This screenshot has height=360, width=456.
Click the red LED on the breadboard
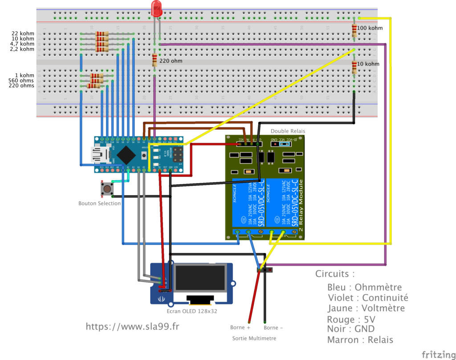coord(156,9)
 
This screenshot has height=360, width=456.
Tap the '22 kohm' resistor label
coord(23,33)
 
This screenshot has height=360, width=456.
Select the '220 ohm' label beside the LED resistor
coord(171,61)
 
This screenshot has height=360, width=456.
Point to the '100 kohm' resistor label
coord(370,28)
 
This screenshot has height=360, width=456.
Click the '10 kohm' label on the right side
coord(369,64)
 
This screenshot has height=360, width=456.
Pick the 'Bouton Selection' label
coord(99,203)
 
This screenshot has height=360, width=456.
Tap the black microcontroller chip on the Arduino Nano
coord(127,154)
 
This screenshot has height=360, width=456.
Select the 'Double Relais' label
coord(288,131)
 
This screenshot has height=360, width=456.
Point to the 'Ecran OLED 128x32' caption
coord(192,311)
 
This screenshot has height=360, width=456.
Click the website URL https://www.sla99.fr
coord(133,327)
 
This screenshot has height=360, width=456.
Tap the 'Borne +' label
coord(240,328)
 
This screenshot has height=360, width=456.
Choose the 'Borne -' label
coord(273,328)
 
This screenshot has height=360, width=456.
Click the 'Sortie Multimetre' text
coord(254,338)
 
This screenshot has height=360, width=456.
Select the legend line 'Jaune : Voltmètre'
coord(366,308)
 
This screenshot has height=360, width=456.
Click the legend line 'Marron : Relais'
coord(360,340)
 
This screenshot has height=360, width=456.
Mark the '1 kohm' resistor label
coord(24,75)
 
